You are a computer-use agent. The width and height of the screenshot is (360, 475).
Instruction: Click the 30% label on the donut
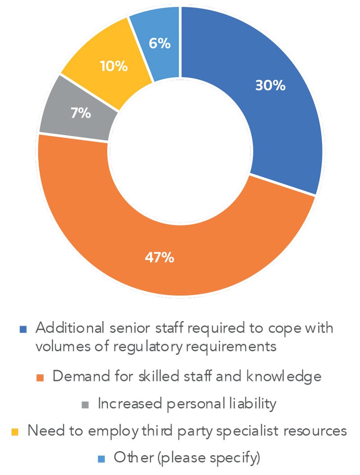click(270, 85)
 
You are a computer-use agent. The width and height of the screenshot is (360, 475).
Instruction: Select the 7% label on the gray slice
click(81, 113)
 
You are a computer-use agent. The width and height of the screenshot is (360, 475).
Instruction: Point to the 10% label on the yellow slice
click(113, 67)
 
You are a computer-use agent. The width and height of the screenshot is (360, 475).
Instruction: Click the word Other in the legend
click(128, 458)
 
